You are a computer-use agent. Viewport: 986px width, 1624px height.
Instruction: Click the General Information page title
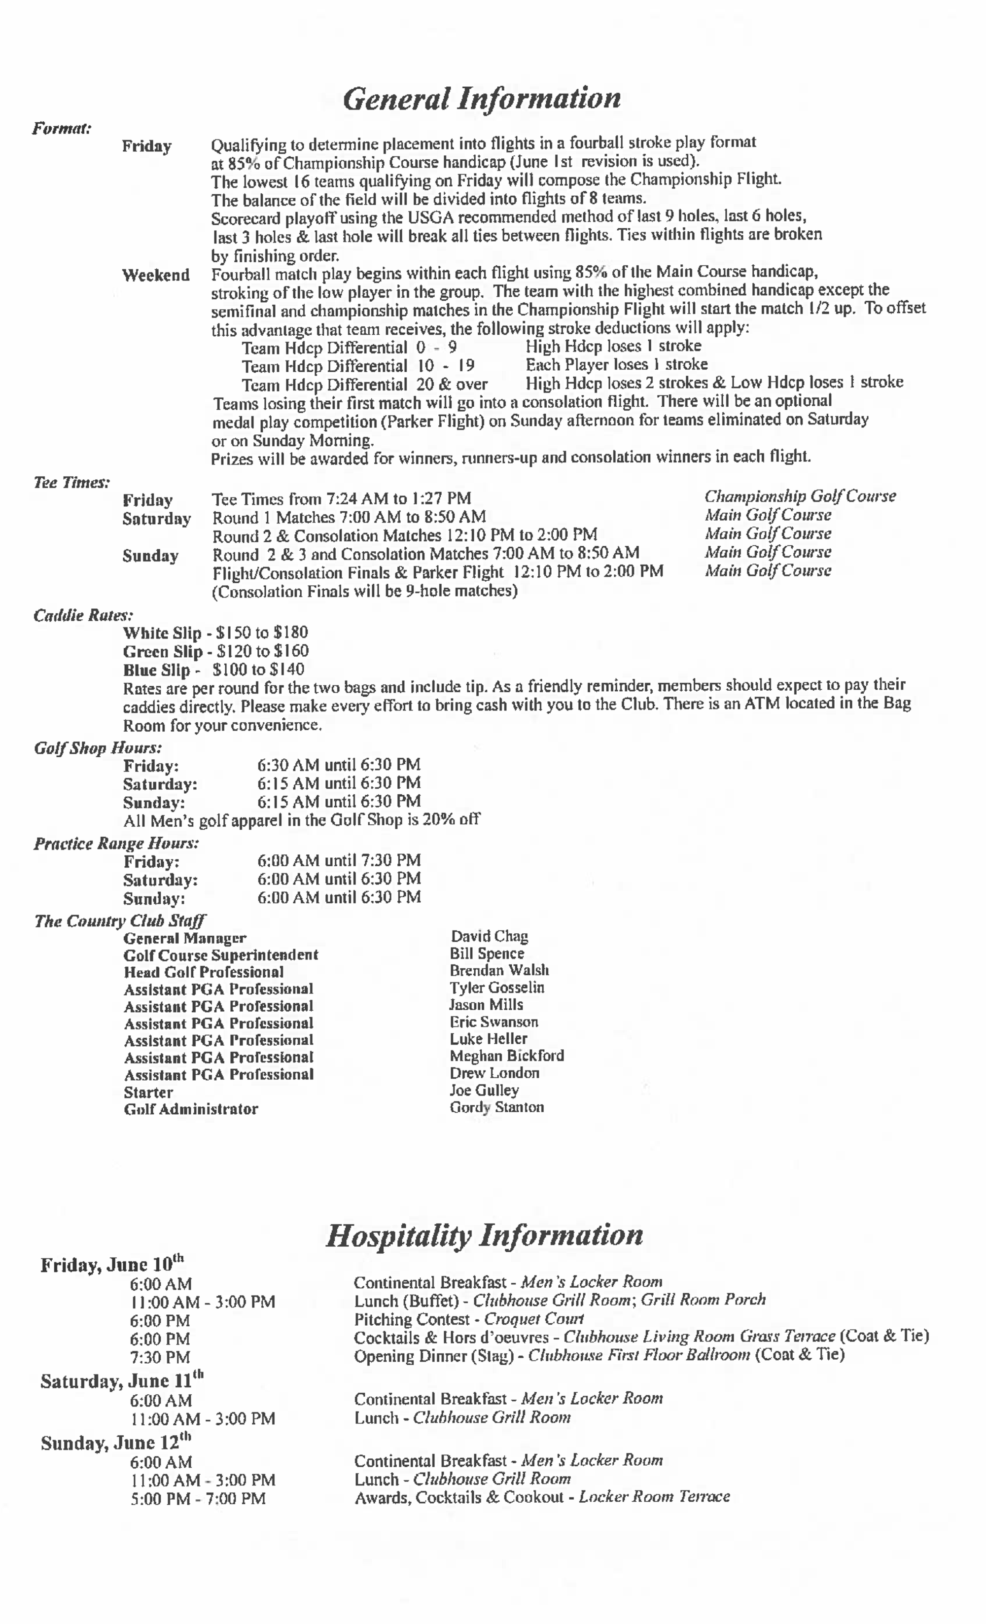(x=481, y=99)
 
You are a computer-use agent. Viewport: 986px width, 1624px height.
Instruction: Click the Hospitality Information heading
(x=485, y=1235)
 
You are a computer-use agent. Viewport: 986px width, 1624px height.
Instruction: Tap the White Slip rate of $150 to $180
(x=215, y=633)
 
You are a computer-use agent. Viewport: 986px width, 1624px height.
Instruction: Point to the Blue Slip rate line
(x=213, y=670)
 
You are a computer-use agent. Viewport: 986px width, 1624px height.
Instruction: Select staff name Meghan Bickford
(x=506, y=1055)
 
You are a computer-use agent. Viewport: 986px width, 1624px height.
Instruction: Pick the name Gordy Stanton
(x=496, y=1107)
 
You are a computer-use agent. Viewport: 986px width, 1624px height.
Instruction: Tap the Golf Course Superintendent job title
(x=220, y=954)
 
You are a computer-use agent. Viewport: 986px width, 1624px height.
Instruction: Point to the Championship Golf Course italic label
(x=800, y=496)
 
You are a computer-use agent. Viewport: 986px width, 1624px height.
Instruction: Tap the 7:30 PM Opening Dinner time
(x=160, y=1357)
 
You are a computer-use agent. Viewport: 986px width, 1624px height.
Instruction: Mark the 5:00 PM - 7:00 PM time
(x=198, y=1498)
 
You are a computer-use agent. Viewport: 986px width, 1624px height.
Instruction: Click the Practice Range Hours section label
(x=116, y=843)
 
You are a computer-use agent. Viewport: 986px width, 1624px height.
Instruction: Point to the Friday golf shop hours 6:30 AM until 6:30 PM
(x=338, y=765)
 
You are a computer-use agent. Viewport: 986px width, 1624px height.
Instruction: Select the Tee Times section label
(x=71, y=483)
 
